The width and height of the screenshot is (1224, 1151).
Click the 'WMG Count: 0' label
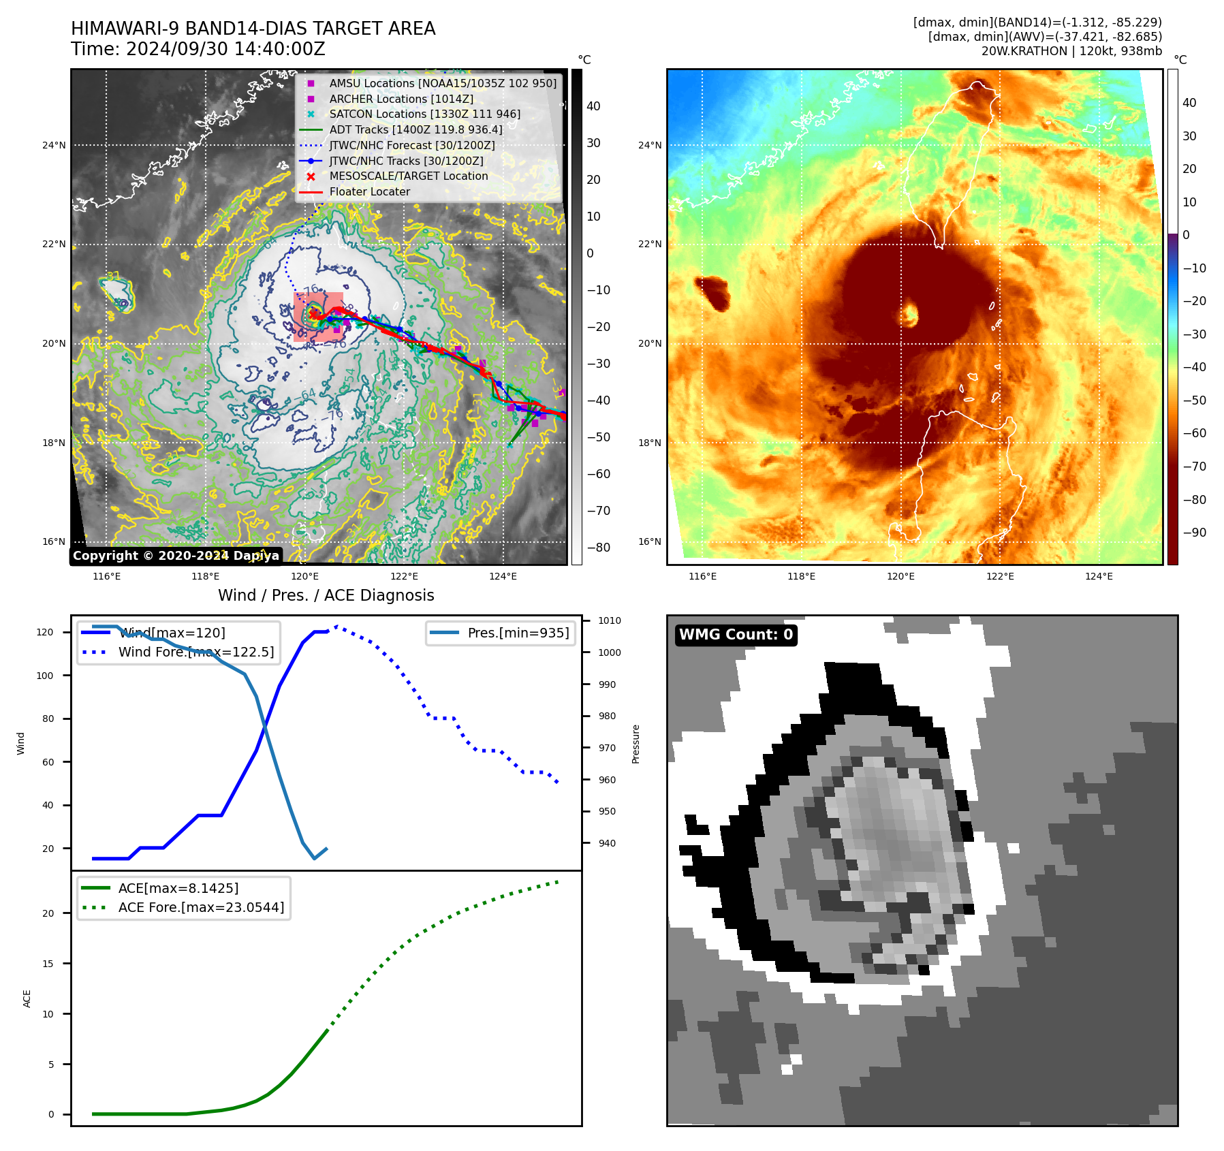click(736, 635)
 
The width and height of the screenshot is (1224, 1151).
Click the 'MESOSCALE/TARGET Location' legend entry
click(409, 176)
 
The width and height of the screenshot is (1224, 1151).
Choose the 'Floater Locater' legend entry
click(370, 191)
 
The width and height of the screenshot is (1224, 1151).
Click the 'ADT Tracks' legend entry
click(415, 129)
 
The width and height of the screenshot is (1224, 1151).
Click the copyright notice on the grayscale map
click(176, 556)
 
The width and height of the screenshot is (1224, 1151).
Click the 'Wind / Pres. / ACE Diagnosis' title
click(326, 595)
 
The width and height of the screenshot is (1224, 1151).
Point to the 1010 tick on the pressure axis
click(610, 620)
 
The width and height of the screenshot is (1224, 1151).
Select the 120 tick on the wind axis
click(45, 632)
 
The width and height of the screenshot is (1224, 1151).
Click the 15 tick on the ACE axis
click(48, 963)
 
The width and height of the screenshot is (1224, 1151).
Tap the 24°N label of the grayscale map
click(54, 145)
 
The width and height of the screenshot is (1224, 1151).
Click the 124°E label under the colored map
click(1099, 576)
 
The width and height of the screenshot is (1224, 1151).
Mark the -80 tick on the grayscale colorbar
click(598, 548)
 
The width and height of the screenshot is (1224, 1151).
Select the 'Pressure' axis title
click(635, 744)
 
